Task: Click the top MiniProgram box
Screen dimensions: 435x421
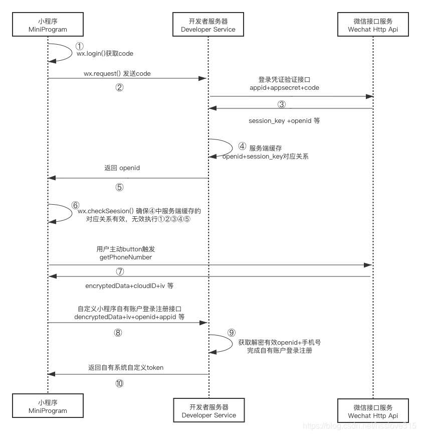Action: [x=48, y=26]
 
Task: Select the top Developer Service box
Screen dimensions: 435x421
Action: [x=208, y=26]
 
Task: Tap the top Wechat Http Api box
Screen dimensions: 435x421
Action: [x=373, y=26]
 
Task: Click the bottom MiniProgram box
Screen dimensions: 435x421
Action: [x=48, y=407]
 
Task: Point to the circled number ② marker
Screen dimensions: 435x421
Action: [x=119, y=87]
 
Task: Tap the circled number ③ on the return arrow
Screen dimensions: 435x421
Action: [x=282, y=104]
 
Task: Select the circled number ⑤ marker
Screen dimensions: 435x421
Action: [x=119, y=187]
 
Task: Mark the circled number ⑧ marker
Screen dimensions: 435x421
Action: [x=118, y=332]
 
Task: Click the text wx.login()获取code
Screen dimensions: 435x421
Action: [x=105, y=53]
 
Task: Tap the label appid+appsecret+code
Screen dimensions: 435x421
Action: [x=284, y=87]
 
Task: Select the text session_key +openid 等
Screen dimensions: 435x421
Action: [x=284, y=121]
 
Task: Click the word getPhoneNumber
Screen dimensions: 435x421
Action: [x=126, y=256]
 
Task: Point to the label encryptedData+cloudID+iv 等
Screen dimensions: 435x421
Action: [x=129, y=285]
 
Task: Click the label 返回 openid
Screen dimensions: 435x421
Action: [x=122, y=168]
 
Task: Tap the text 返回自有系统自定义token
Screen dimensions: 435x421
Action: [x=126, y=367]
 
